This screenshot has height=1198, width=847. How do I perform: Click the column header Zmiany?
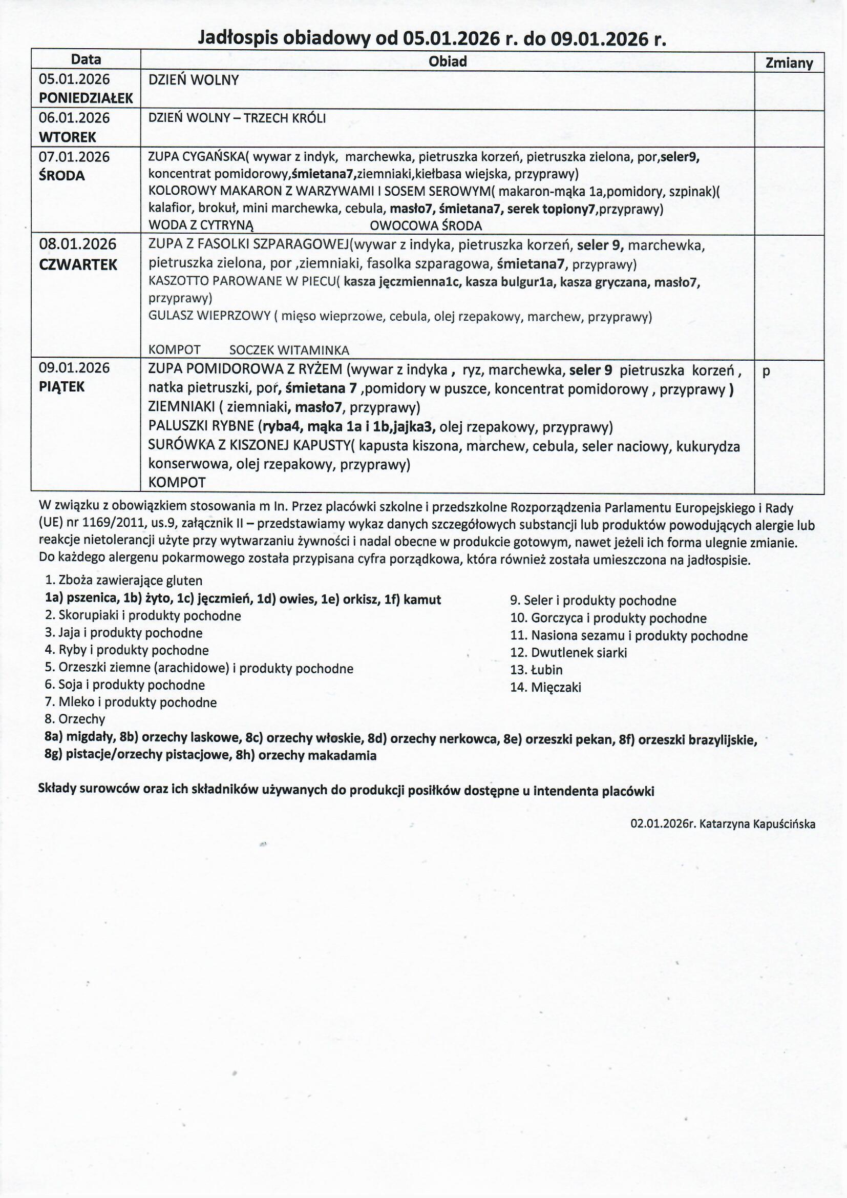pos(789,63)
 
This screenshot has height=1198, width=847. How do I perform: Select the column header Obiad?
pos(448,61)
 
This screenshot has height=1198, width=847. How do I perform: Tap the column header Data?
pos(86,59)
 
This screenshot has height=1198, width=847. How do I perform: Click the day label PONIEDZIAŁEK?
pos(86,98)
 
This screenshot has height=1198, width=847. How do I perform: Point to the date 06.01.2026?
pos(74,118)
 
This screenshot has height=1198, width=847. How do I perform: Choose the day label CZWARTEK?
pos(78,264)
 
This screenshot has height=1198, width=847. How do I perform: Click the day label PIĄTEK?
pos(62,387)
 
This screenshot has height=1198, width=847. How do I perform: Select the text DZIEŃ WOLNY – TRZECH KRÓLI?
pos(237,118)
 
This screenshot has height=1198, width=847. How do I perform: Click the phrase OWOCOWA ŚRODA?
pos(426,226)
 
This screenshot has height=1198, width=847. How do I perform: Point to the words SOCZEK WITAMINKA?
pos(289,350)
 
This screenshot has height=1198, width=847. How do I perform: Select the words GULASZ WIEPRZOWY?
pos(209,316)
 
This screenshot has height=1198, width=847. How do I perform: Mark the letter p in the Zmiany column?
pos(766,371)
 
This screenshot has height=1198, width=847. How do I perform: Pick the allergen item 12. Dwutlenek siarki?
pos(568,653)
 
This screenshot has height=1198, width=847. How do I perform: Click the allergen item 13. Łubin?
pos(536,670)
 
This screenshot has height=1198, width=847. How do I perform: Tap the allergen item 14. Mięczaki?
pos(545,687)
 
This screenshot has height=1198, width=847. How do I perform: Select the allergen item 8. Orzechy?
pos(75,719)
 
